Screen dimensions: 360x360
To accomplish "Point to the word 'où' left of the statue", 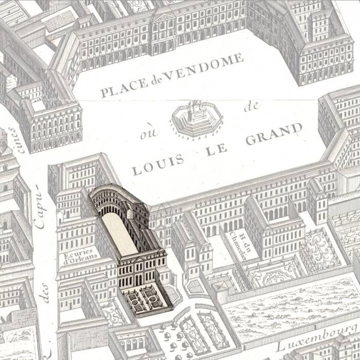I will [x=147, y=135].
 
